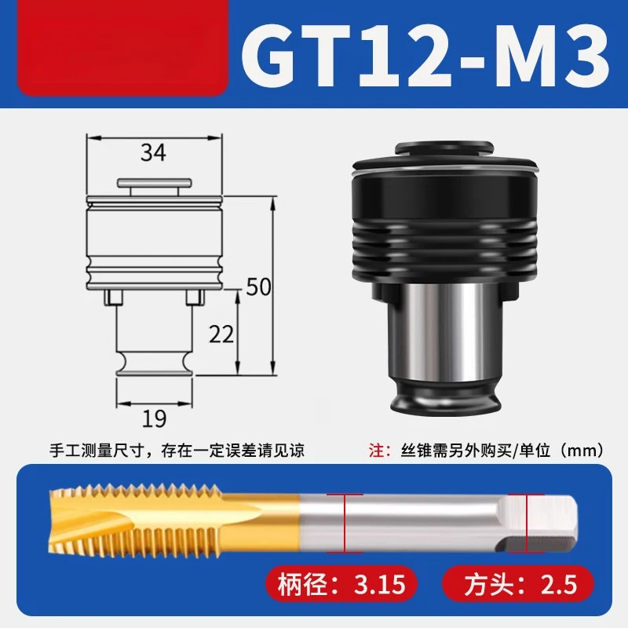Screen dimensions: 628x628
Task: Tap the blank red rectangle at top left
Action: point(122,48)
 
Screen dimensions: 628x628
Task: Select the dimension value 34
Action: point(153,152)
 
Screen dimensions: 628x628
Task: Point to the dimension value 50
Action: point(258,287)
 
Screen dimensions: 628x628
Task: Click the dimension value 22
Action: point(221,334)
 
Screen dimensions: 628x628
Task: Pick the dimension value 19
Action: point(154,418)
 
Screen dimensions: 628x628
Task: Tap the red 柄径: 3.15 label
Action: point(341,584)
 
